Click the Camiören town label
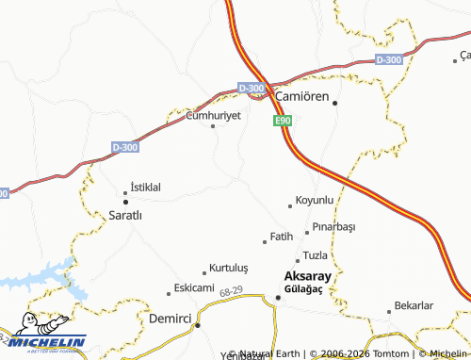301,96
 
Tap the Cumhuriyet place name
214,114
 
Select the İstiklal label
145,188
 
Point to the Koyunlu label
315,201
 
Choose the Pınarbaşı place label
333,227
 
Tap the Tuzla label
316,256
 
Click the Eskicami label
194,287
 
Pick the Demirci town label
171,319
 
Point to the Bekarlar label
414,306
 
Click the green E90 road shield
282,122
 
